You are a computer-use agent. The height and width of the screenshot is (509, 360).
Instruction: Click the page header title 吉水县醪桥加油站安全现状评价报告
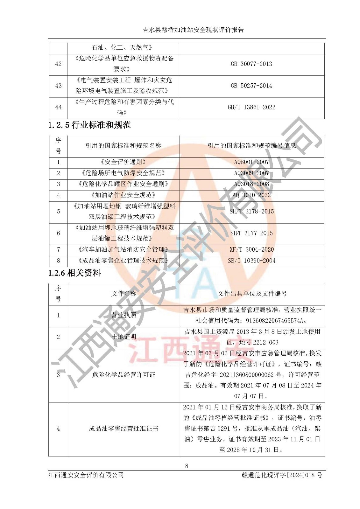pyautogui.click(x=193, y=30)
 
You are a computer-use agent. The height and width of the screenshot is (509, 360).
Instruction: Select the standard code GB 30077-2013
pyautogui.click(x=251, y=64)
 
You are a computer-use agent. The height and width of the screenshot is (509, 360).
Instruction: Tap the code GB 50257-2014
pyautogui.click(x=251, y=86)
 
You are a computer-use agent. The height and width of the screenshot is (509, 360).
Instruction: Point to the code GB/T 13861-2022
pyautogui.click(x=251, y=107)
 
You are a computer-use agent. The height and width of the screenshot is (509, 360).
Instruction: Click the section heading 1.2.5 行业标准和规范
pyautogui.click(x=89, y=125)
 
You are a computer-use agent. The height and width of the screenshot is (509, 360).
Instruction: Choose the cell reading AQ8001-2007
pyautogui.click(x=251, y=162)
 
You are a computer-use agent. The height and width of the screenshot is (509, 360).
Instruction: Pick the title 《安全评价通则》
pyautogui.click(x=123, y=162)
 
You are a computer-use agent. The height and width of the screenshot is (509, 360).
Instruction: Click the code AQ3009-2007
pyautogui.click(x=251, y=173)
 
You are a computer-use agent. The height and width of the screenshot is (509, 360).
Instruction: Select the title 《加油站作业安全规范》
pyautogui.click(x=123, y=195)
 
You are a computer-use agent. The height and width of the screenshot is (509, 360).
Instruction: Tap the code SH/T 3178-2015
pyautogui.click(x=251, y=212)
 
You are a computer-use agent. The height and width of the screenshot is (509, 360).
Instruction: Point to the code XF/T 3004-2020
pyautogui.click(x=251, y=250)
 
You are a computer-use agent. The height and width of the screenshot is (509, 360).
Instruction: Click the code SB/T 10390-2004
pyautogui.click(x=251, y=261)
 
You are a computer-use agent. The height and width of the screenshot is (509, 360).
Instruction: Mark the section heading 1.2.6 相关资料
pyautogui.click(x=74, y=273)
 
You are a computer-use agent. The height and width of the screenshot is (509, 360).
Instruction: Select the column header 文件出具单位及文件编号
pyautogui.click(x=252, y=294)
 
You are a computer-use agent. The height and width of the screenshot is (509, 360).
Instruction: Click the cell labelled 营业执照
pyautogui.click(x=124, y=315)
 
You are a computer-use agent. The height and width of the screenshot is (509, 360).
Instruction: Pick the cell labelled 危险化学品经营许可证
pyautogui.click(x=124, y=375)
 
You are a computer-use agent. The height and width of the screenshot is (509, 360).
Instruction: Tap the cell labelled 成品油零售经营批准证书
pyautogui.click(x=124, y=429)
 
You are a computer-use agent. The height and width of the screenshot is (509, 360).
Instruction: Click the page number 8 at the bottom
pyautogui.click(x=187, y=466)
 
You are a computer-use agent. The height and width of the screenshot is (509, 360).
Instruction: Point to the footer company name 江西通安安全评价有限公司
pyautogui.click(x=86, y=475)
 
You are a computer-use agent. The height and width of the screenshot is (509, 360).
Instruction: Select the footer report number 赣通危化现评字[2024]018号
pyautogui.click(x=282, y=475)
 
